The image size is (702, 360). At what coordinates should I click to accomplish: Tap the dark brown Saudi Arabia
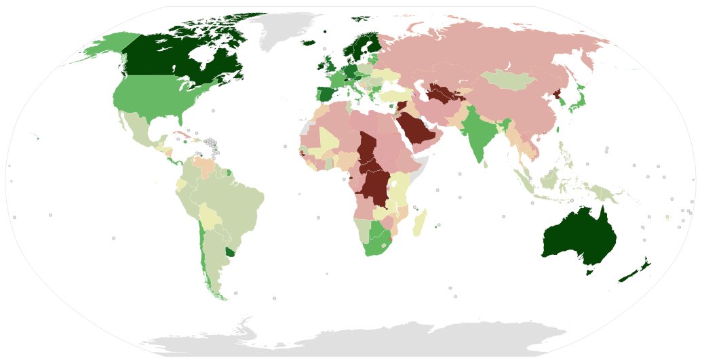point(417,129)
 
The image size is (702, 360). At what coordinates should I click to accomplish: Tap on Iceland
point(307,43)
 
